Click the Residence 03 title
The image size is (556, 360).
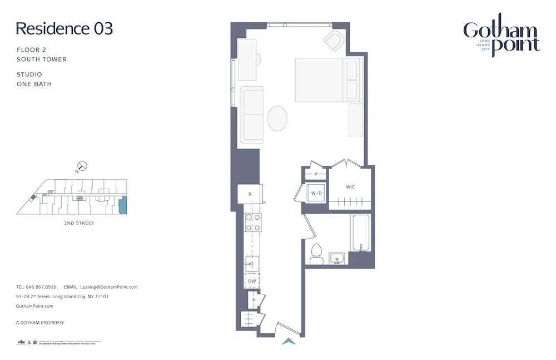click(x=64, y=29)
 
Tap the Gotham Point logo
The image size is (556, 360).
click(x=502, y=36)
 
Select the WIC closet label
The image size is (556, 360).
click(x=350, y=187)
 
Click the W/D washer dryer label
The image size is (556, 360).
click(x=316, y=193)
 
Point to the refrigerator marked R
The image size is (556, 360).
click(x=250, y=194)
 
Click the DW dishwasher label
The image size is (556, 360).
click(x=252, y=281)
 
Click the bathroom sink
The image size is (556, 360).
click(x=337, y=258)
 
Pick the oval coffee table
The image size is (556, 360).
click(x=278, y=118)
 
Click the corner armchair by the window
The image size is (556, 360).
click(x=334, y=41)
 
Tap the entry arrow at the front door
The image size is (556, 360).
click(x=289, y=341)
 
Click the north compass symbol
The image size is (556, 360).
click(x=82, y=166)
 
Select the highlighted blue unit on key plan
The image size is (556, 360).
click(x=123, y=205)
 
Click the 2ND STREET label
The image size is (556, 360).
click(x=79, y=223)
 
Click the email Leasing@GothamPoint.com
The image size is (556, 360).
click(x=108, y=287)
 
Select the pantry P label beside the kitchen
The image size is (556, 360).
click(x=254, y=300)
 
